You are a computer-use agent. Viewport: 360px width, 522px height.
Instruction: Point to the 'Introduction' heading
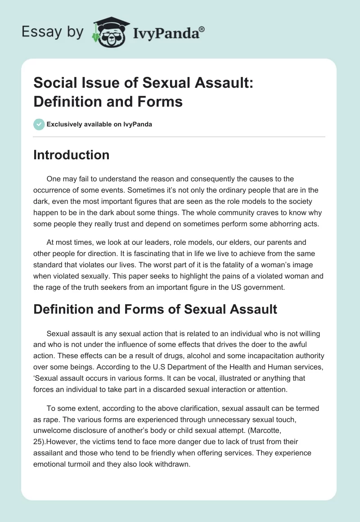point(72,155)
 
